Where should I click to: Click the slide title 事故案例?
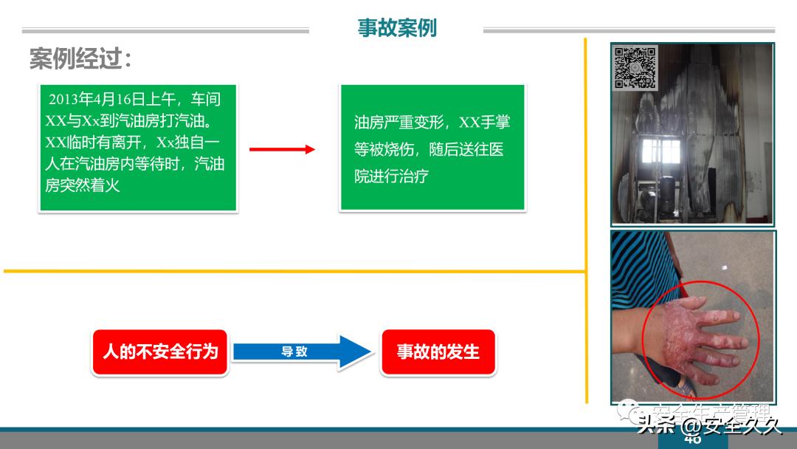[x=397, y=28]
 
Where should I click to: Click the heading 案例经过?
[x=80, y=59]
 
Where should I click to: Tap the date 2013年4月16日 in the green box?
[x=96, y=100]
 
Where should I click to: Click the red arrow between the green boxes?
[x=282, y=150]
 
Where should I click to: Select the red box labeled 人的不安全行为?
[x=160, y=352]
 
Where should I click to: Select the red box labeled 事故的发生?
[x=438, y=352]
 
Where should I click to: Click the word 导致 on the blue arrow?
[x=294, y=352]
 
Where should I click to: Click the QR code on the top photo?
[x=635, y=68]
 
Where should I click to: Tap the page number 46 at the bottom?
[x=692, y=440]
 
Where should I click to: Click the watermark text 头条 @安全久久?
[x=708, y=426]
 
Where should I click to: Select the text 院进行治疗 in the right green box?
[x=391, y=177]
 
